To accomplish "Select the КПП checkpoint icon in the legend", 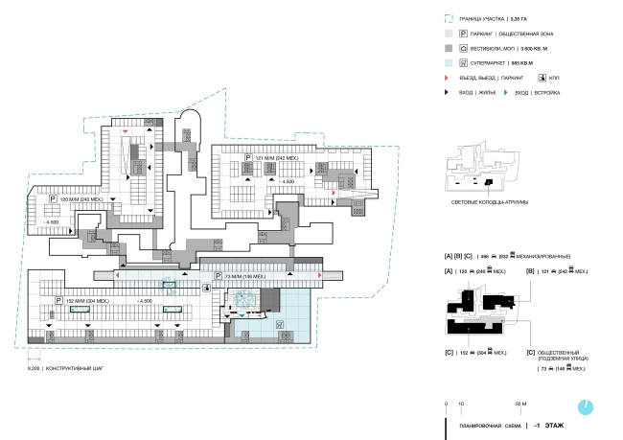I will (x=543, y=77).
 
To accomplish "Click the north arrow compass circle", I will (x=586, y=405).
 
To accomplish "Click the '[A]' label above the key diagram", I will (x=448, y=273).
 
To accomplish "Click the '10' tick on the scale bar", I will (x=461, y=405).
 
